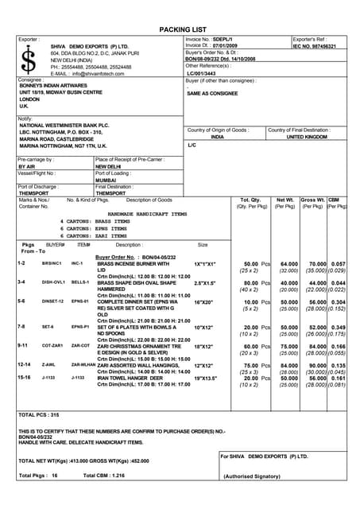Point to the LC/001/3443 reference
207,72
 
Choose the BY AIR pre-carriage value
32,167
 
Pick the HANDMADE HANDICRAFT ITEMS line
147,214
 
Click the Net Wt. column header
285,200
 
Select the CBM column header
336,200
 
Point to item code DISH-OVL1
53,282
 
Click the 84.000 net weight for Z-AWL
288,365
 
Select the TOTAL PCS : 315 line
39,414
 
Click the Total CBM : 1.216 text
103,475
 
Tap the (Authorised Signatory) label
252,476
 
